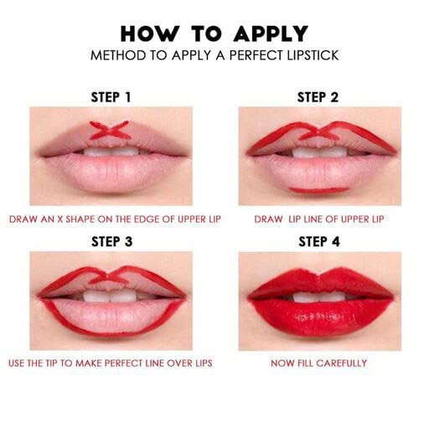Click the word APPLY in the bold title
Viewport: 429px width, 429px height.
271,34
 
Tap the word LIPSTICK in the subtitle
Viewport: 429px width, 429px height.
313,55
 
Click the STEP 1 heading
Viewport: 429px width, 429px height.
111,97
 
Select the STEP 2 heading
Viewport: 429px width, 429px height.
318,97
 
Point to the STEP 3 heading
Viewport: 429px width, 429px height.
111,241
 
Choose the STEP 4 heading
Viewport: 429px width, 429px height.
319,241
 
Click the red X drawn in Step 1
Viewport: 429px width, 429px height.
110,130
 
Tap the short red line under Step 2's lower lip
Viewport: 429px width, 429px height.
319,190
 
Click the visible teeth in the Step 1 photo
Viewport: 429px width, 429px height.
111,151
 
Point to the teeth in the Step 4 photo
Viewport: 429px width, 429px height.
318,297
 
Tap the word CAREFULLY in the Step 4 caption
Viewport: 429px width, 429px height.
342,363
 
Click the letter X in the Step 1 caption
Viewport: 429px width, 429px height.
60,220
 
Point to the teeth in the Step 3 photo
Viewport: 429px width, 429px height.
111,296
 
